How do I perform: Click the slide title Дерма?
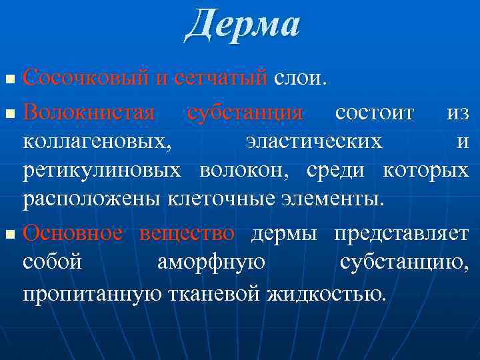click(x=243, y=25)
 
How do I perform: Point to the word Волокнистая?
click(x=89, y=111)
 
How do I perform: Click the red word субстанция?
click(x=245, y=111)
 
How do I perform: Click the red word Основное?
click(x=73, y=233)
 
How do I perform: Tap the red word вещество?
click(x=187, y=233)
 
